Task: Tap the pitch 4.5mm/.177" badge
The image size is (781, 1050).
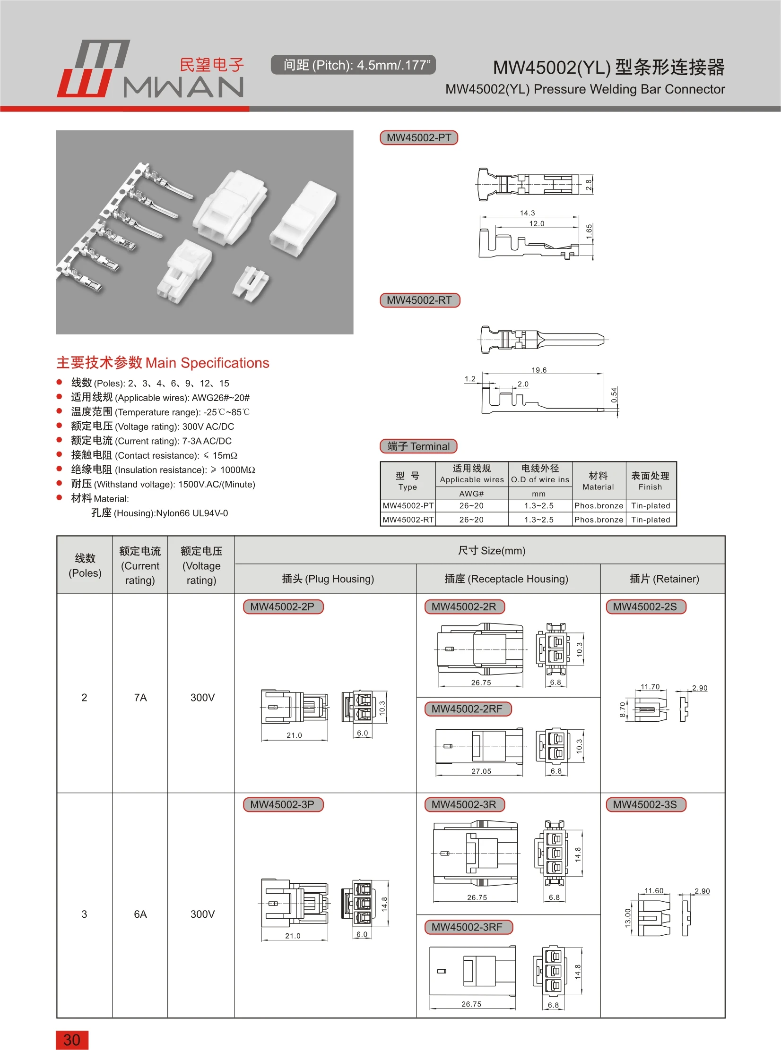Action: coord(353,65)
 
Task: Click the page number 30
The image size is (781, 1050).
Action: coord(72,1040)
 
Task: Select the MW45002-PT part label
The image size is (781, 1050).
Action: coord(419,138)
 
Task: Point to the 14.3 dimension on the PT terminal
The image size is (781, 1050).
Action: coord(527,213)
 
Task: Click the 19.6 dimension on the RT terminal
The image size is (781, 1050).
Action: coord(539,370)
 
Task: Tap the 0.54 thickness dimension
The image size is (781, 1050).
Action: coord(614,395)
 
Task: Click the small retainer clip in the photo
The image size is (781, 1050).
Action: coord(251,284)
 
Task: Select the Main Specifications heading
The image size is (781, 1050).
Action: coord(163,363)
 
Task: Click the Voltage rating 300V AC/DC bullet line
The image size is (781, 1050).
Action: coord(152,427)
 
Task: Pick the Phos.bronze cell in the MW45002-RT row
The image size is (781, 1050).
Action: coord(599,520)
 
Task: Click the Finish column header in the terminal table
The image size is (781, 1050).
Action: coord(650,481)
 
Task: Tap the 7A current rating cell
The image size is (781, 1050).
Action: coord(140,698)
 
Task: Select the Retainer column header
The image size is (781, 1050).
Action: coord(664,579)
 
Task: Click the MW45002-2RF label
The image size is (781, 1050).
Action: coord(467,709)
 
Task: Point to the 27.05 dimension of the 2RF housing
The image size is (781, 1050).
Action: coord(481,771)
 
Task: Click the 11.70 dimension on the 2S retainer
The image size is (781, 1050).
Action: coord(650,687)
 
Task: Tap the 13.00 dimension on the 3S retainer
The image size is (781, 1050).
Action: coord(628,918)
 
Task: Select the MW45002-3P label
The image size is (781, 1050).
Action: coord(282,804)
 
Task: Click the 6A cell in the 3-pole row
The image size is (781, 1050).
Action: coord(140,914)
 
